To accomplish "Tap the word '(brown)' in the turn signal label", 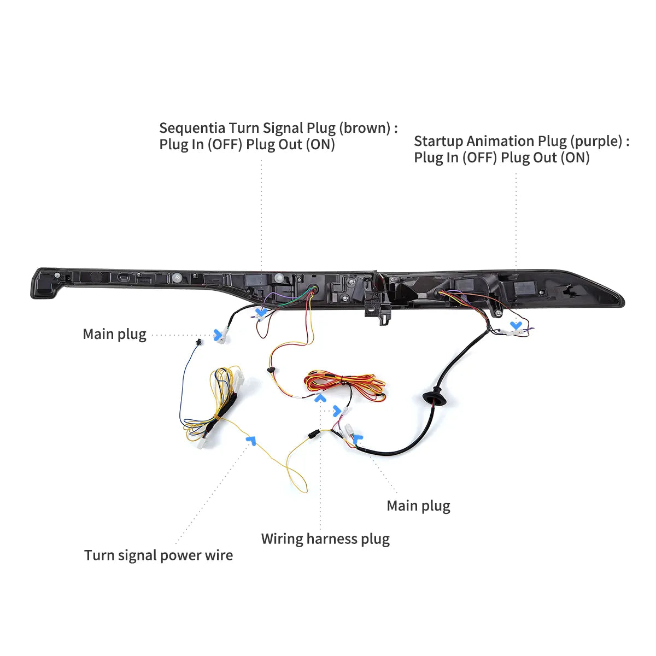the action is click(x=365, y=128).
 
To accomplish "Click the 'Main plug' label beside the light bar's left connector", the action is click(x=115, y=335).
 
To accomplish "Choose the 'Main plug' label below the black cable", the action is click(x=418, y=506).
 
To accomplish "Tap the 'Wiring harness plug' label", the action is click(x=325, y=539).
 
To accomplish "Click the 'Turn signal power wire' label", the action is click(x=159, y=555).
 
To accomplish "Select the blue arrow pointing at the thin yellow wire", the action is click(x=251, y=440).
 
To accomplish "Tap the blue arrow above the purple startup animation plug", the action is click(x=516, y=325).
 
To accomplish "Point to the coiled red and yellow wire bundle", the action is click(x=344, y=385).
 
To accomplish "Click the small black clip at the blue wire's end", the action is click(x=199, y=342).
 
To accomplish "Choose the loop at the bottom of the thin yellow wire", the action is click(x=297, y=477).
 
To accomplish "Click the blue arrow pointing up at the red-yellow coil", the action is click(x=320, y=397).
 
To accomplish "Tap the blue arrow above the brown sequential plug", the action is click(x=261, y=312).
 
